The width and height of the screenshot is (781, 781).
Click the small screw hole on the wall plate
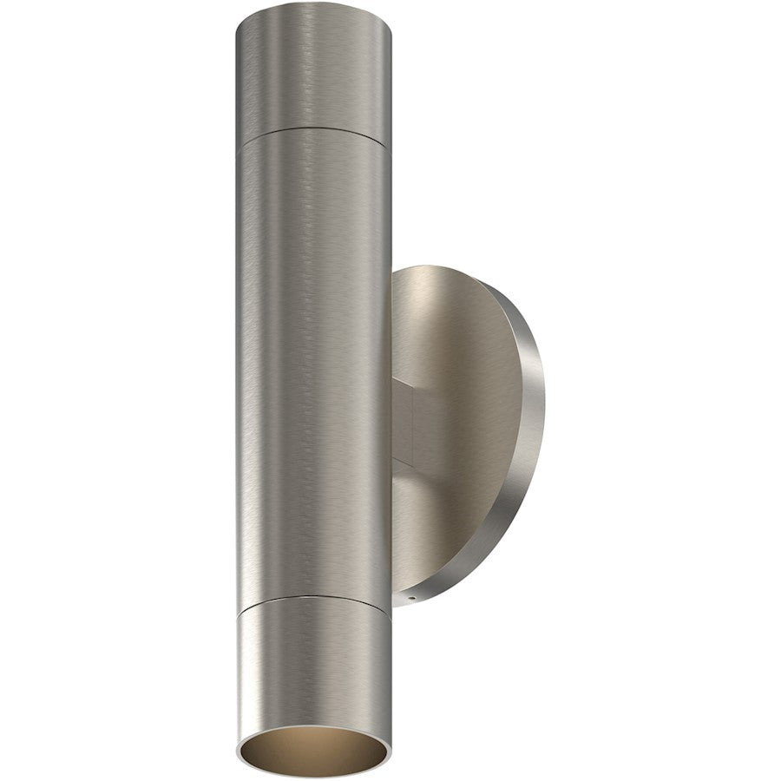click(413, 598)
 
